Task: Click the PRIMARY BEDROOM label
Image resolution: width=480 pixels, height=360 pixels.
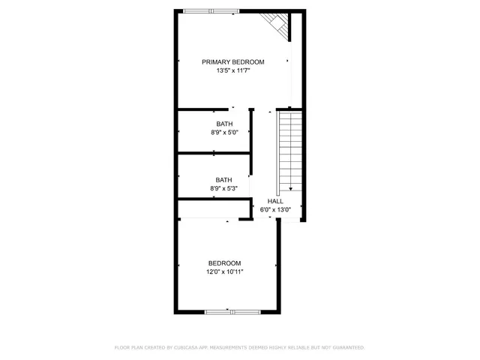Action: [x=232, y=61]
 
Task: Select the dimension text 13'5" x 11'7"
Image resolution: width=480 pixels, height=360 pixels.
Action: [x=232, y=70]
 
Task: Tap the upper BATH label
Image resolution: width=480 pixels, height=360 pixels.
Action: [x=224, y=124]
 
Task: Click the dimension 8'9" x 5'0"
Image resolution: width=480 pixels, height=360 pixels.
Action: [x=224, y=133]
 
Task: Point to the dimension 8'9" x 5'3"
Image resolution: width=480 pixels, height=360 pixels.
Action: [x=224, y=188]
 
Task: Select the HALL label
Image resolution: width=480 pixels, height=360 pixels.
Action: [x=275, y=202]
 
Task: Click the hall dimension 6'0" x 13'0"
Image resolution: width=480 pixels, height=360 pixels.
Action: [x=275, y=210]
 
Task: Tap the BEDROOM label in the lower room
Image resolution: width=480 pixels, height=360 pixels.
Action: [x=224, y=262]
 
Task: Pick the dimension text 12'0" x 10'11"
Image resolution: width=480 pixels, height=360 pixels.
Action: [x=224, y=271]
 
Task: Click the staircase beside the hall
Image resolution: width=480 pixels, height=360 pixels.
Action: [x=289, y=150]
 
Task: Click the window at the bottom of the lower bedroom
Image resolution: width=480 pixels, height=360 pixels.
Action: [x=229, y=310]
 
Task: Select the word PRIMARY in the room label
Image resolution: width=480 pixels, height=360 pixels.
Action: [x=216, y=61]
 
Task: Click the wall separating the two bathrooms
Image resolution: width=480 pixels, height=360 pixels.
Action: [x=214, y=154]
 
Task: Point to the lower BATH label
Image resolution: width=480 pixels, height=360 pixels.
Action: [x=224, y=179]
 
